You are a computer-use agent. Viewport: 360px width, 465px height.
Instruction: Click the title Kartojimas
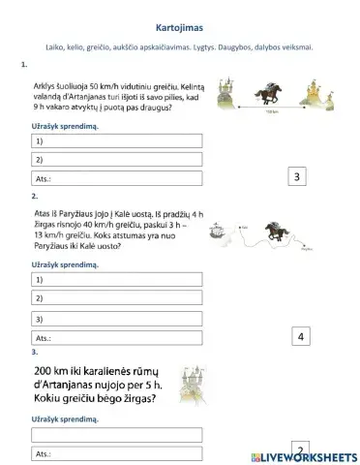point(179,29)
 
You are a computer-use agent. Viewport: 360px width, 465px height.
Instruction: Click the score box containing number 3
point(298,176)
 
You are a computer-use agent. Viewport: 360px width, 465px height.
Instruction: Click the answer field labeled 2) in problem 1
point(116,160)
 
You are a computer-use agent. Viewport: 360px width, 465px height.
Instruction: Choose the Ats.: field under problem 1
point(116,178)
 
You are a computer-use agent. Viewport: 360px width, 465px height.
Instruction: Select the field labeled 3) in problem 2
point(116,319)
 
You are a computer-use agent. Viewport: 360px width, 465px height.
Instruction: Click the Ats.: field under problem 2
point(116,339)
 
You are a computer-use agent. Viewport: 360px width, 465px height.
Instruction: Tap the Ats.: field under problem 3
point(116,452)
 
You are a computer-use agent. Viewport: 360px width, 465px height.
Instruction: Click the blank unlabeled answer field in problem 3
point(116,433)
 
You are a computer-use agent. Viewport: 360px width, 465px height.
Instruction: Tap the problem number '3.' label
point(36,353)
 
